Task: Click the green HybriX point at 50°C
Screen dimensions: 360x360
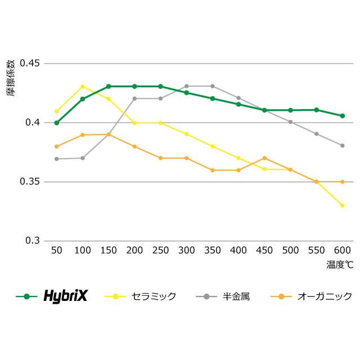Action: pos(56,123)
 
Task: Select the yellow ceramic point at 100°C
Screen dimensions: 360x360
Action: pos(83,87)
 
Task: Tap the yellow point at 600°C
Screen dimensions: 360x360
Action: pos(342,205)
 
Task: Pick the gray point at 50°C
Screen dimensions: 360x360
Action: pos(56,159)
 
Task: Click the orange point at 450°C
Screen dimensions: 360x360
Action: pos(264,158)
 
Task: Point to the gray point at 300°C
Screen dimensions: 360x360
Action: pos(186,86)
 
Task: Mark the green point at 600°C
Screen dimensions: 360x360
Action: pos(342,116)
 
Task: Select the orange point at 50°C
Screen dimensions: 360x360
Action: pos(56,146)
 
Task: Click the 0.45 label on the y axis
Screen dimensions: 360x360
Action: pos(30,63)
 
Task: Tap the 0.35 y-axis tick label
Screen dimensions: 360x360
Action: pos(30,182)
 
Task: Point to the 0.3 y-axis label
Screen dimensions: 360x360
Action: pos(33,241)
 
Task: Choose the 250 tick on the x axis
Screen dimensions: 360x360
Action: pos(160,250)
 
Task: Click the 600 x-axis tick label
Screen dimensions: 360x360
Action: pos(342,250)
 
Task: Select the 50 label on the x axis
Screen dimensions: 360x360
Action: pos(56,250)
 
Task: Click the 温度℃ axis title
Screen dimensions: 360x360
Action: pos(339,263)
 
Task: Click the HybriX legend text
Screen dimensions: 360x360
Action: pos(66,296)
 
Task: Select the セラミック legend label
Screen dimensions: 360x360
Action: pos(154,296)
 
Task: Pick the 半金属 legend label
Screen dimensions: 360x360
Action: pos(236,296)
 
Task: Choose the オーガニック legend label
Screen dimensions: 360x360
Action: pos(325,296)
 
